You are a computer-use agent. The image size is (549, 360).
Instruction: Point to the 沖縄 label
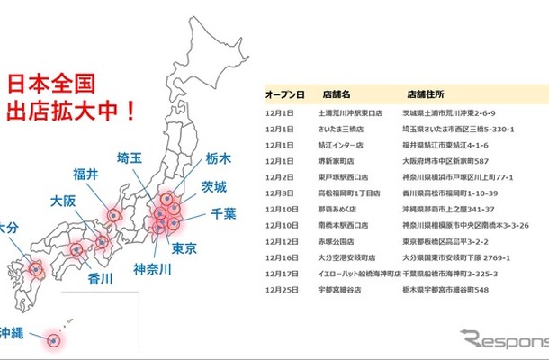tap(13, 332)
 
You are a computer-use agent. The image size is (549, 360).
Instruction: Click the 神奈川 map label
tap(154, 268)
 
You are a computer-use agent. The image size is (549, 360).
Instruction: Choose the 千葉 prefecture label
tap(224, 213)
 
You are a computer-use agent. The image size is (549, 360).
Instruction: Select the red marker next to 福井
tap(112, 214)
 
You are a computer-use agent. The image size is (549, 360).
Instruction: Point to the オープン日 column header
tap(284, 94)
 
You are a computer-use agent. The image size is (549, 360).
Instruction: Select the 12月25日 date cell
tap(281, 290)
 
